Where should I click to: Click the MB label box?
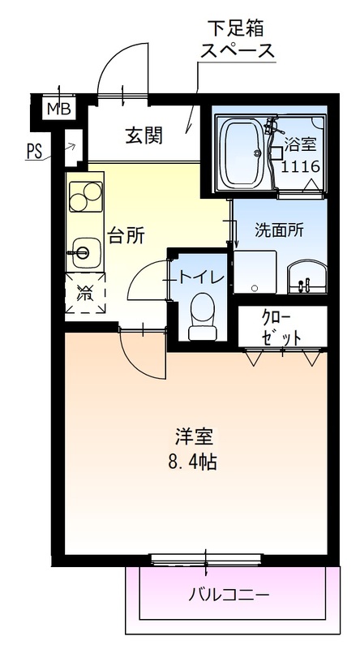coord(57,108)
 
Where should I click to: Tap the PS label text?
coord(35,151)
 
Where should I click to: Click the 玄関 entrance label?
coord(144,135)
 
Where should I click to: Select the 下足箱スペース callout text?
coord(238,40)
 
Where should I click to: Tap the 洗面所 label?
coord(279,230)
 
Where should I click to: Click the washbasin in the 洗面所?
coord(306,278)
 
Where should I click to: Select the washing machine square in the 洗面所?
coord(255,273)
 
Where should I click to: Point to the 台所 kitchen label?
coord(127,235)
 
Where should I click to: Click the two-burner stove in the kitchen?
coord(84,196)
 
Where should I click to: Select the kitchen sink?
coord(83,251)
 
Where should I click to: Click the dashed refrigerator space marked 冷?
coord(84,294)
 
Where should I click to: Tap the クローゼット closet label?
coord(281,327)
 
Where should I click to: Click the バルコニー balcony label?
coord(229,594)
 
